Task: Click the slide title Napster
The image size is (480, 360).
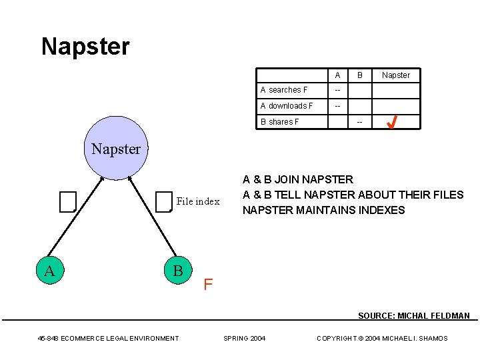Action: (85, 47)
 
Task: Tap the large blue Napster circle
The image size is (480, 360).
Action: (116, 149)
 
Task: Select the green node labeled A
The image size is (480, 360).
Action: (49, 270)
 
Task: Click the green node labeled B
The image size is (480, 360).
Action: (177, 270)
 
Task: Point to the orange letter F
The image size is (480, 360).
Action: (208, 285)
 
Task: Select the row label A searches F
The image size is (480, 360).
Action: (284, 90)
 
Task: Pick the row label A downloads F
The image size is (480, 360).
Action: (287, 106)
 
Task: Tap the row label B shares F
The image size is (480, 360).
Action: (279, 122)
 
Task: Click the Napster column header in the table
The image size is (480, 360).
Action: (396, 75)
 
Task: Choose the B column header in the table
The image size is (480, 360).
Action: (360, 75)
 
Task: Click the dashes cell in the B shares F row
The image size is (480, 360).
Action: (360, 122)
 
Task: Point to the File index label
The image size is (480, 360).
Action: (198, 201)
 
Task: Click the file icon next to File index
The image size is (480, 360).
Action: (163, 201)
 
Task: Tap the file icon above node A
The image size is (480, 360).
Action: (67, 201)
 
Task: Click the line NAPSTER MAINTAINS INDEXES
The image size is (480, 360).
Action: (324, 210)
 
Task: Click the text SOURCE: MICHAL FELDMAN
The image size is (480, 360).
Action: (413, 316)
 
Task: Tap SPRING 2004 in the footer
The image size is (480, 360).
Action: (244, 339)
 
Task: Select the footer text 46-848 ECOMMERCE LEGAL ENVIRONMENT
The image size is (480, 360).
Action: (108, 339)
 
